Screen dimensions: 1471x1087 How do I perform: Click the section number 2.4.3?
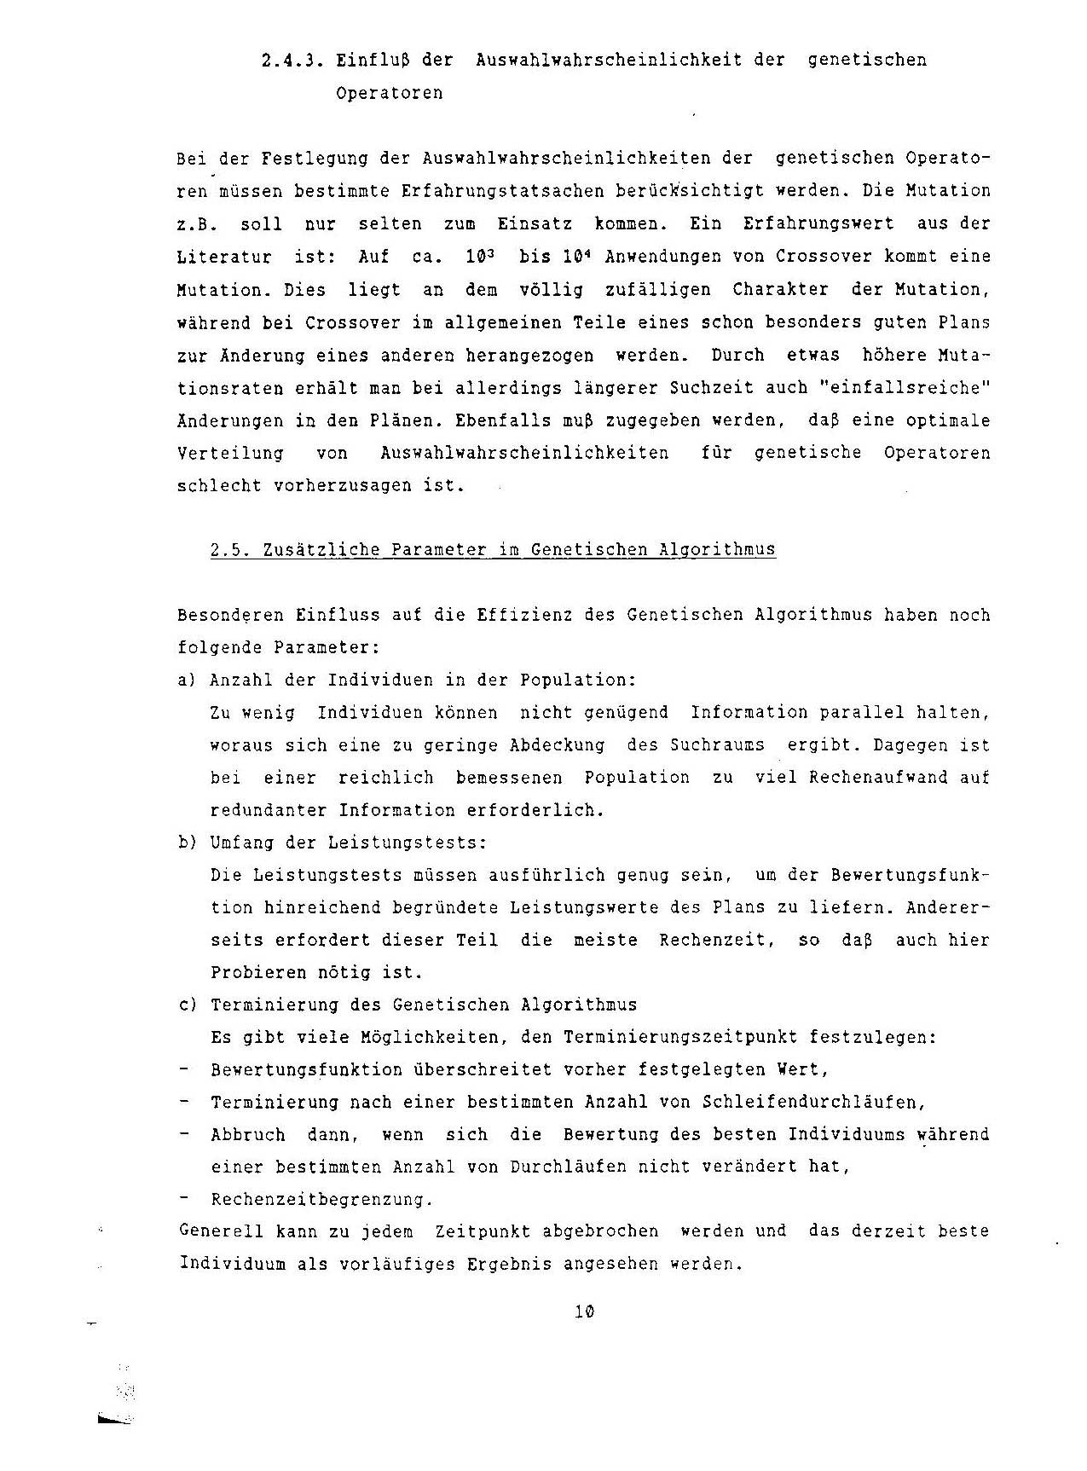pyautogui.click(x=290, y=61)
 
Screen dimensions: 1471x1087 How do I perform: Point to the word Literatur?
pyautogui.click(x=224, y=257)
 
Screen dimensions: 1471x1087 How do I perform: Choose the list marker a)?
pyautogui.click(x=187, y=680)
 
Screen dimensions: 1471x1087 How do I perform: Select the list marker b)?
pyautogui.click(x=187, y=843)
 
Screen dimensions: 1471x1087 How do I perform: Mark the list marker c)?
pyautogui.click(x=187, y=1005)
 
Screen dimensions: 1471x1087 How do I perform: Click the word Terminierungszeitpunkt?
pyautogui.click(x=679, y=1038)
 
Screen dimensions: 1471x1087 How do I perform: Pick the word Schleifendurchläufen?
pyautogui.click(x=813, y=1102)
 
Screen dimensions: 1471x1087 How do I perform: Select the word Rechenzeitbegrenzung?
pyautogui.click(x=321, y=1200)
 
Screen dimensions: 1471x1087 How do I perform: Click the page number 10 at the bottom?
pyautogui.click(x=584, y=1312)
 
